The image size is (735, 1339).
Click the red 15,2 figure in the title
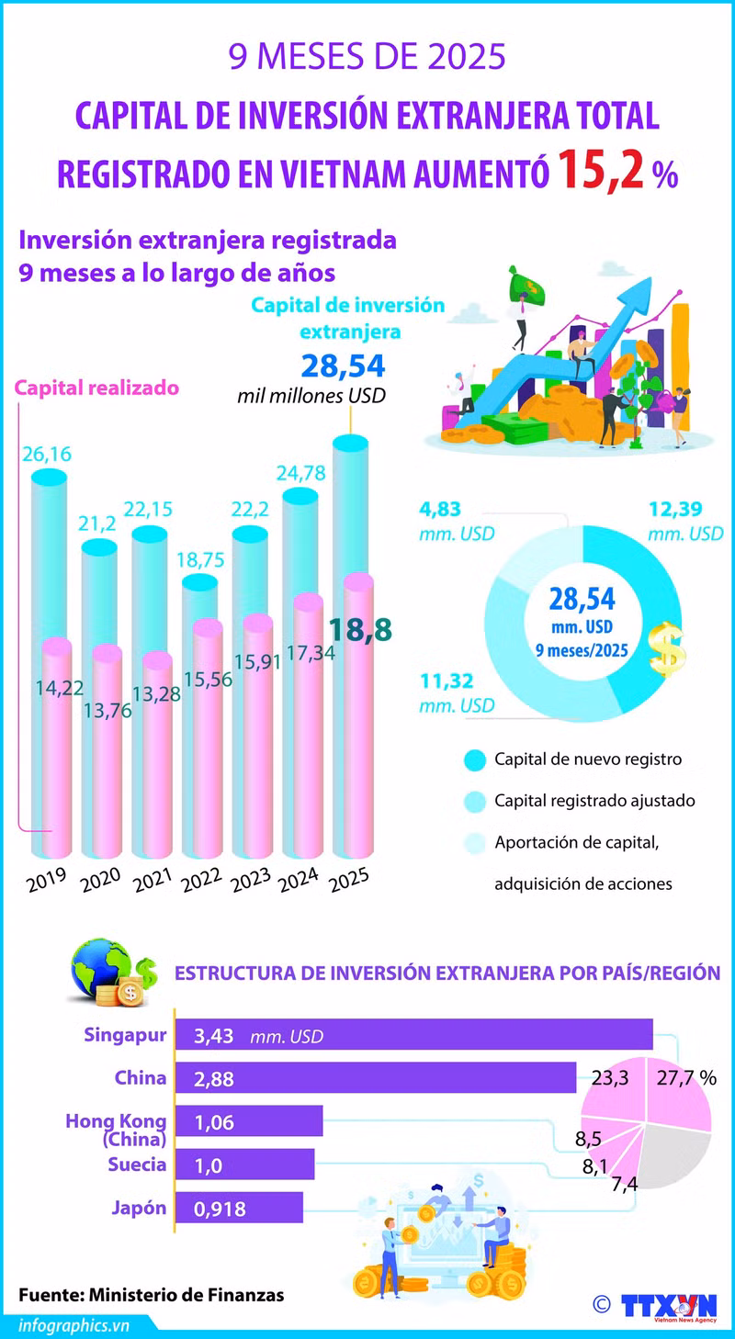(x=602, y=169)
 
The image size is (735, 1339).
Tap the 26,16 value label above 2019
(x=47, y=455)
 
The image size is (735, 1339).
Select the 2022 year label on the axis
(x=201, y=880)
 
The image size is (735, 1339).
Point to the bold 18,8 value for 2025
(x=361, y=629)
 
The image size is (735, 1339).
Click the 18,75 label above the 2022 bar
(x=200, y=560)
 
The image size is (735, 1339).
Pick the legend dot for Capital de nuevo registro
(x=475, y=760)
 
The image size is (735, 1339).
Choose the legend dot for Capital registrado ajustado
(x=475, y=802)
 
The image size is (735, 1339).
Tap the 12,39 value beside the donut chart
(x=676, y=510)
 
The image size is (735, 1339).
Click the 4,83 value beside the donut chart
(x=439, y=510)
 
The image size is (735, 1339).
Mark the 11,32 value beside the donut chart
(x=447, y=681)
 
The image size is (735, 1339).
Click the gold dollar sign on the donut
(x=667, y=649)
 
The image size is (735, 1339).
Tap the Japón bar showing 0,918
(x=239, y=1209)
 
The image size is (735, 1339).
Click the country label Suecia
(x=137, y=1165)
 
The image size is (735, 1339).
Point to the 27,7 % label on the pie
(x=686, y=1078)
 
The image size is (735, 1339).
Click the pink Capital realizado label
(x=96, y=388)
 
